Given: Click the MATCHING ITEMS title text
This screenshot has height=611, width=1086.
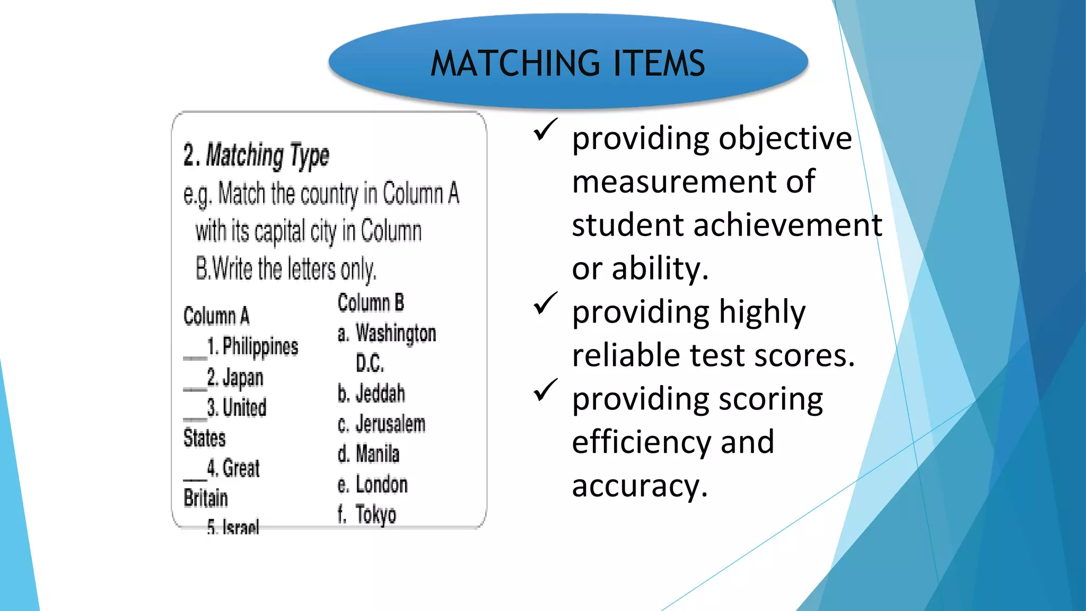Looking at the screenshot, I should (x=567, y=63).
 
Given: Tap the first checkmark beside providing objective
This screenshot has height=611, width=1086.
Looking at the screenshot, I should (x=545, y=129).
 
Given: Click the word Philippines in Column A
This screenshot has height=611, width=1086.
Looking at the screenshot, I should (x=260, y=346).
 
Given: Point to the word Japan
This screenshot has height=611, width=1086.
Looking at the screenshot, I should (x=242, y=378).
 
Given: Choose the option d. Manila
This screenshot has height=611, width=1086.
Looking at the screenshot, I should (x=369, y=454).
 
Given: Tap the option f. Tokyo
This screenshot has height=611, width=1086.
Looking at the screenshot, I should (x=367, y=514).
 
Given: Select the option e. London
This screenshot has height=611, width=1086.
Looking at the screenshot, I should (x=373, y=484).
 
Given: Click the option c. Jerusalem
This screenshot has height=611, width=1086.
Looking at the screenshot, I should (x=381, y=424).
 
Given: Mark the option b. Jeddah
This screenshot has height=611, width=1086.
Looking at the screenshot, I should (x=371, y=394).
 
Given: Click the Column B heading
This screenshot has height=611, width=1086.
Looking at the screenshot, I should (x=371, y=303).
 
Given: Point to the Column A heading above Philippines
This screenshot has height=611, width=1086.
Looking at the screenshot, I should (x=216, y=316).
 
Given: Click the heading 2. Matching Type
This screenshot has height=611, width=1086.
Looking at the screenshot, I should (x=256, y=155).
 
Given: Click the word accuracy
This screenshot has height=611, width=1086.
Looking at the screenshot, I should (x=640, y=486).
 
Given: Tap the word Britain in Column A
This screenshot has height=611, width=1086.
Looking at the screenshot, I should (x=206, y=499).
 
